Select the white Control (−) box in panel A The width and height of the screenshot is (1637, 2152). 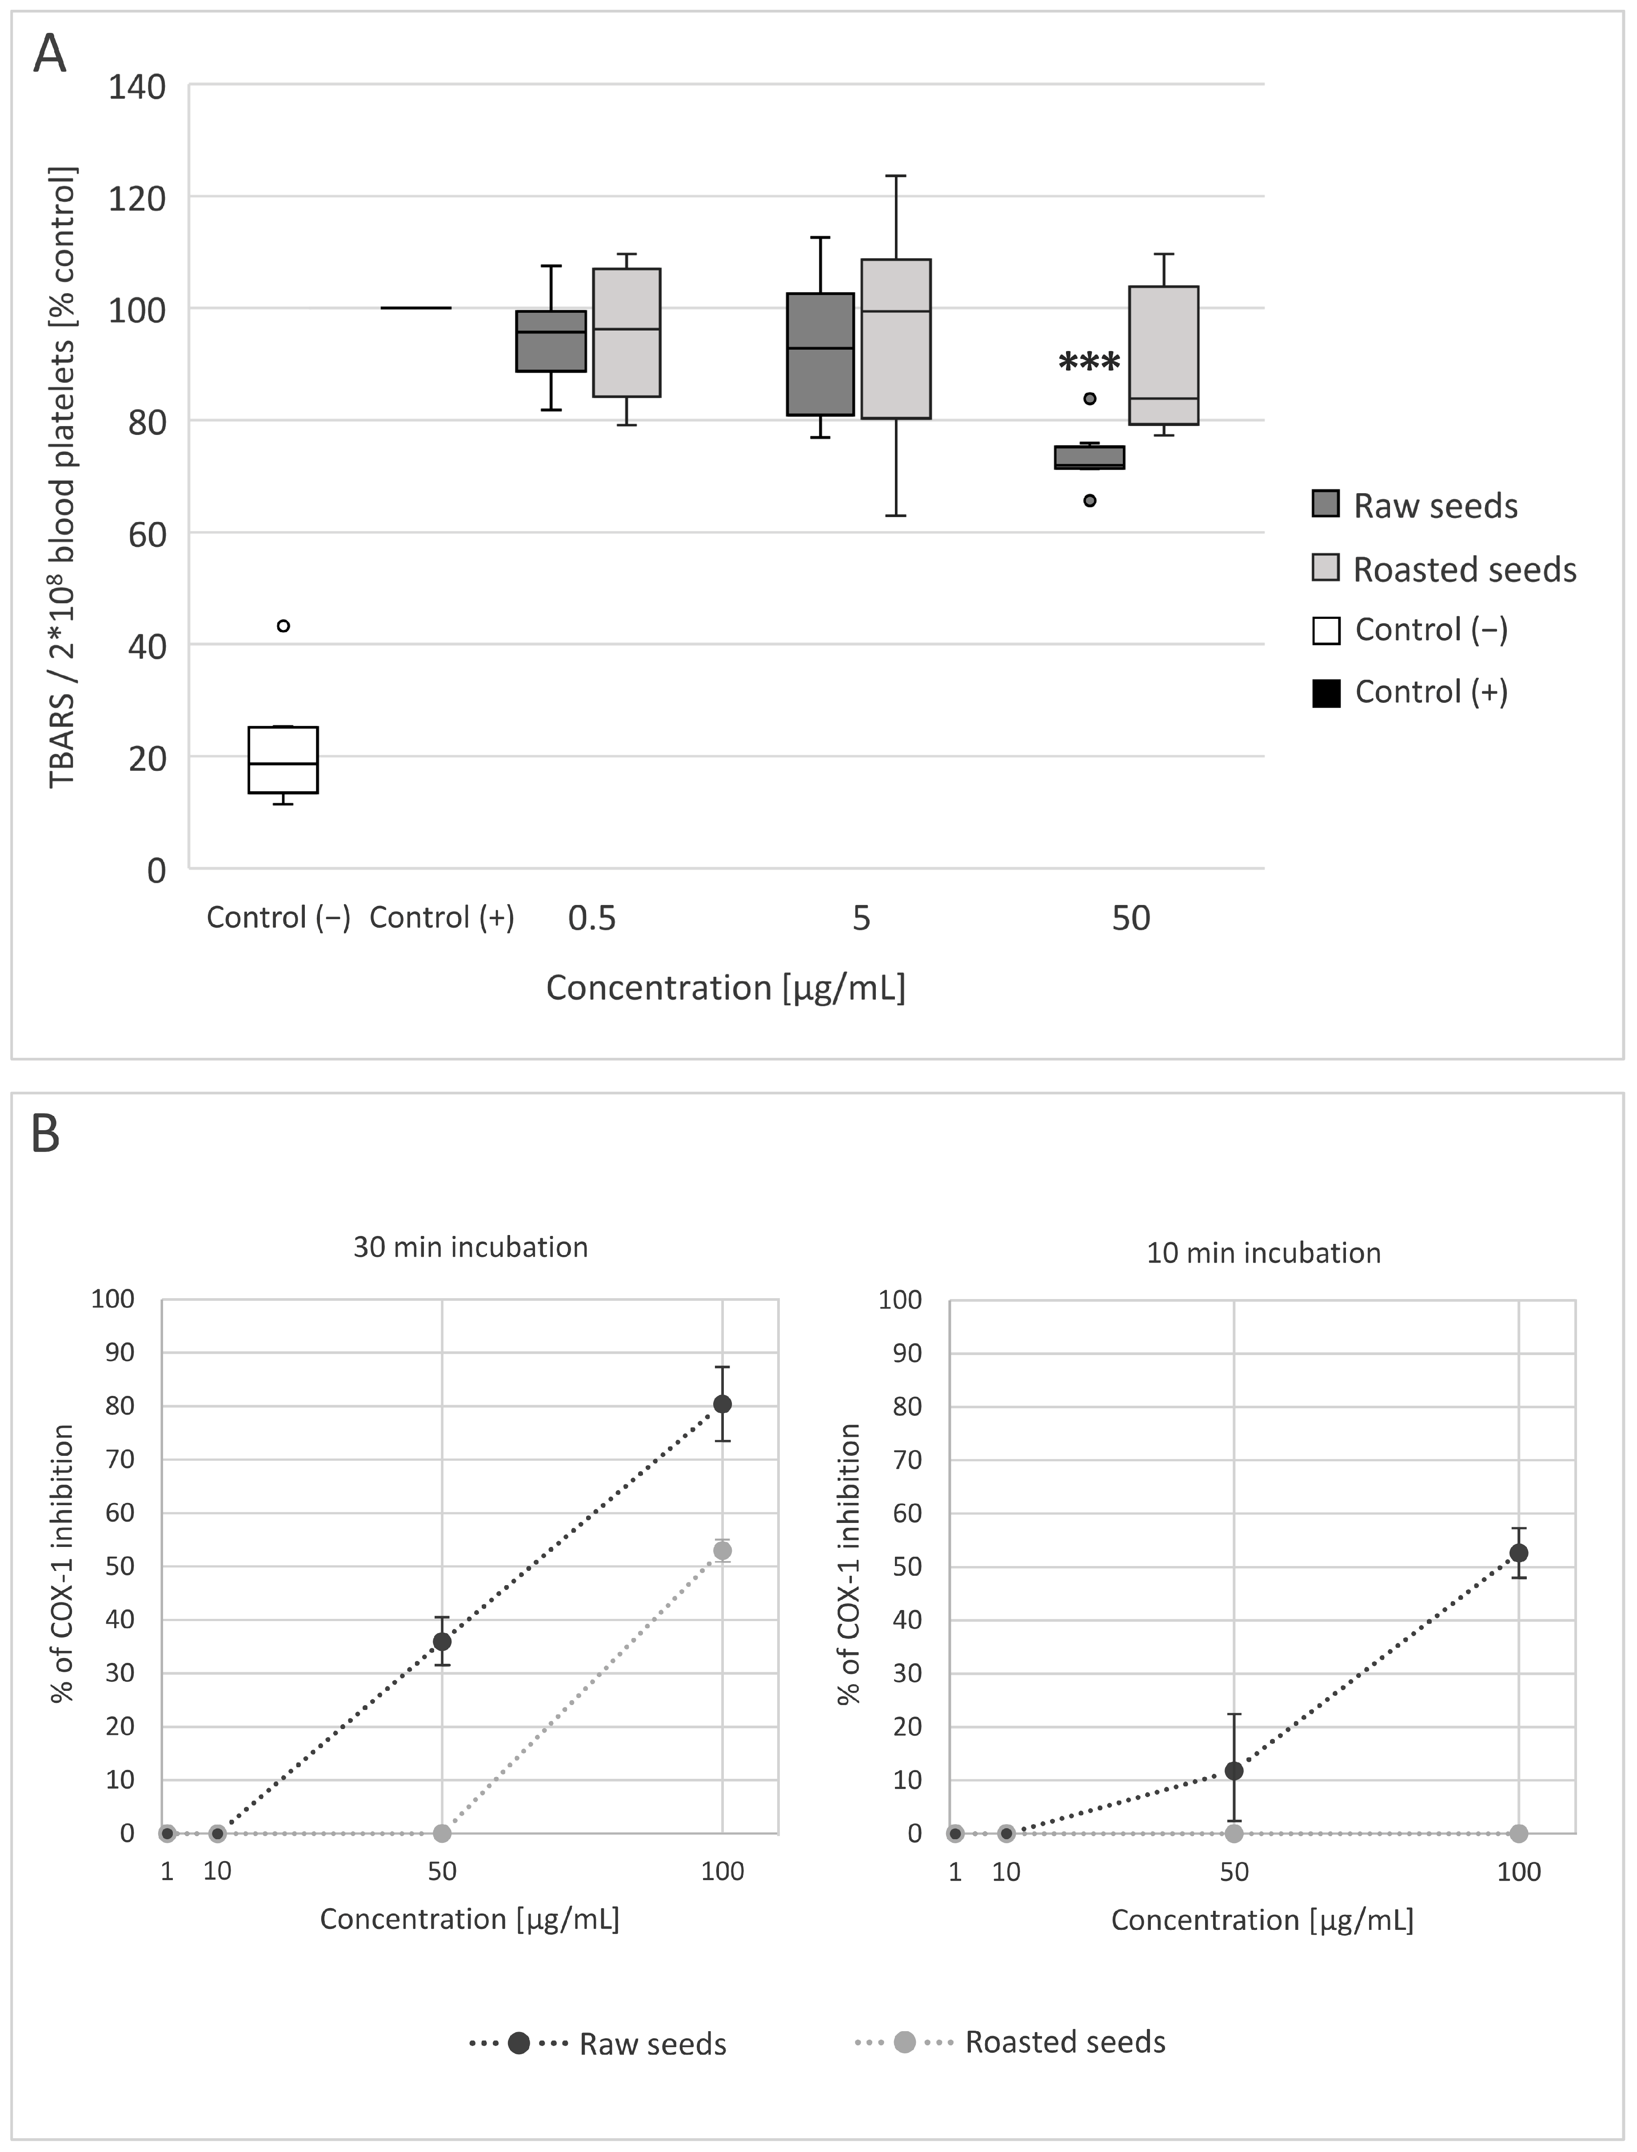(283, 760)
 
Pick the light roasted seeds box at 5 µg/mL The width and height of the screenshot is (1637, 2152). (895, 339)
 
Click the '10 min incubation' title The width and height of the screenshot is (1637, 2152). (1264, 1253)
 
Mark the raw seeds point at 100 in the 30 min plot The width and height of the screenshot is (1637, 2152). (722, 1404)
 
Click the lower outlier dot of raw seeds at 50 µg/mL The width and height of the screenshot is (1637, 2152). (1090, 501)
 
